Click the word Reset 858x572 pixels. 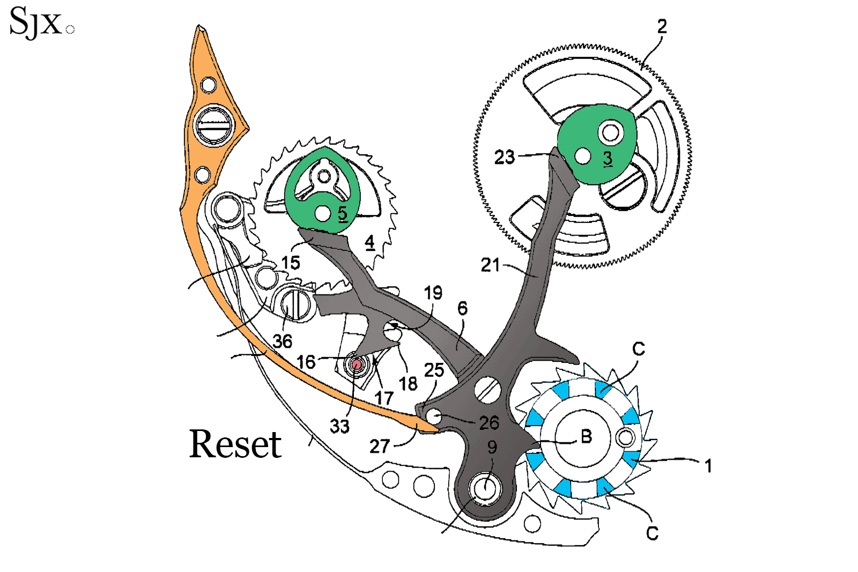coord(235,444)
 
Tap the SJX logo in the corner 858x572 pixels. coord(36,23)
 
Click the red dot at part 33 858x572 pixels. coord(356,365)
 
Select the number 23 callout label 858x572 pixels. coord(504,157)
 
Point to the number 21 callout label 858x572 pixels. coord(490,265)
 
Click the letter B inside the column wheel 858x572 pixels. coord(586,436)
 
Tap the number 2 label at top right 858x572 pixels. coord(662,26)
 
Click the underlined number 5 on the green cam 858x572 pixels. coord(343,214)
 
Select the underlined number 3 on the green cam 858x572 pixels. coord(608,158)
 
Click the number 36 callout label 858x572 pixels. coord(282,341)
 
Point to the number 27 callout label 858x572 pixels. coord(379,446)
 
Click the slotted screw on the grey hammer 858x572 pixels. coord(487,390)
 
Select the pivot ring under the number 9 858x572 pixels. coord(485,488)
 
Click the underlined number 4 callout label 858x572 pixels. coord(369,242)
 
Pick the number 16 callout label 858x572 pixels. coord(306,362)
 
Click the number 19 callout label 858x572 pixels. coord(433,293)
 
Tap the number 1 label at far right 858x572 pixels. coord(708,465)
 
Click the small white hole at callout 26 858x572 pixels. coord(433,416)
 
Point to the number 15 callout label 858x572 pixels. coord(291,263)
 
